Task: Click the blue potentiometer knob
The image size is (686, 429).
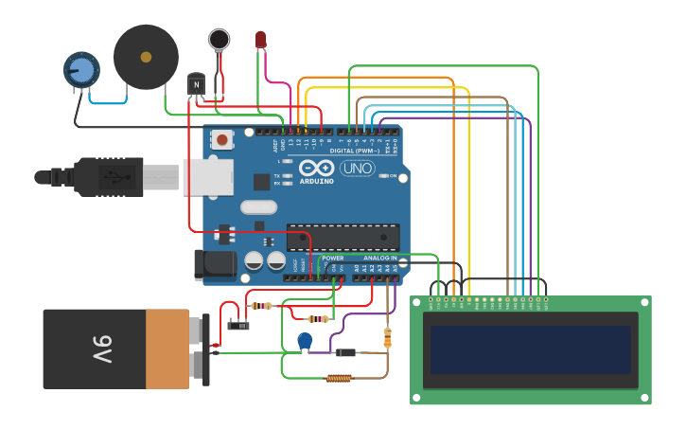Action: [x=82, y=70]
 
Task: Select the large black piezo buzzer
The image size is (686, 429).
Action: [x=146, y=57]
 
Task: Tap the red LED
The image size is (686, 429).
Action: [x=261, y=39]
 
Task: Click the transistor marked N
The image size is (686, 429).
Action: [x=196, y=84]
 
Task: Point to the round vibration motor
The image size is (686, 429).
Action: [x=220, y=39]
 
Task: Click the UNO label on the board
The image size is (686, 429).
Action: [x=357, y=169]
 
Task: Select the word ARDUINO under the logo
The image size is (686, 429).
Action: [x=316, y=181]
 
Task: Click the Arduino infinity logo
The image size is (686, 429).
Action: [x=315, y=168]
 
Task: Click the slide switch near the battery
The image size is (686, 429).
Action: [x=238, y=326]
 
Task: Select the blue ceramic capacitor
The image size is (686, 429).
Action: [x=305, y=340]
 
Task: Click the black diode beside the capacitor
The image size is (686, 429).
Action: [x=345, y=352]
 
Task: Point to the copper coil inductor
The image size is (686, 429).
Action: [x=339, y=378]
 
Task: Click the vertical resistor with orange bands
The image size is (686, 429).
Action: [x=387, y=337]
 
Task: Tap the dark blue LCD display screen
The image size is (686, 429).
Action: [x=530, y=349]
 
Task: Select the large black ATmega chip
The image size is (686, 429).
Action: [x=343, y=237]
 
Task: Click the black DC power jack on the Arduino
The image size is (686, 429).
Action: [x=215, y=264]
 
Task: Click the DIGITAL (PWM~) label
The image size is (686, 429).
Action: [x=355, y=151]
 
